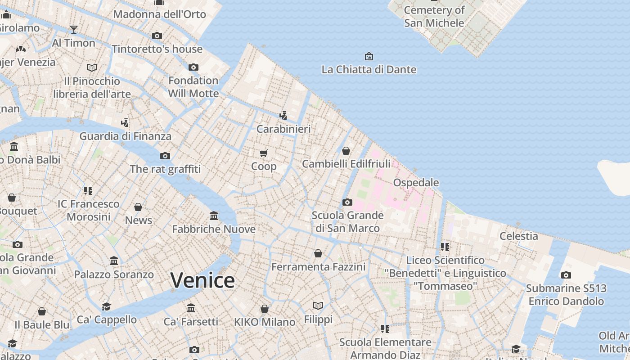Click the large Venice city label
[x=202, y=280]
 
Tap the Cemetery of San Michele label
[x=434, y=16]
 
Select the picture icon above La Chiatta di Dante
[x=369, y=56]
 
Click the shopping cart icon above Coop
[x=264, y=153]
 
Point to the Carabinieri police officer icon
[x=283, y=115]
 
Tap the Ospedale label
[x=416, y=182]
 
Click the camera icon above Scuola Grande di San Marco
[x=347, y=202]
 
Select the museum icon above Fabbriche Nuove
[x=214, y=216]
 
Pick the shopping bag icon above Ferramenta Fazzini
[x=318, y=253]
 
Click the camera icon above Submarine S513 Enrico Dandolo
[x=566, y=275]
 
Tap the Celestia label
[x=519, y=236]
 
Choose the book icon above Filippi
[x=318, y=306]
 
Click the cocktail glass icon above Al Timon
[x=74, y=30]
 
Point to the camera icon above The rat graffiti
[x=165, y=156]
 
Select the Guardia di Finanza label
[x=126, y=136]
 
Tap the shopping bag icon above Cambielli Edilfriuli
[x=346, y=151]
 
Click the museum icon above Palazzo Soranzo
[x=114, y=261]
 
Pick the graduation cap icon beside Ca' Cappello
[x=106, y=306]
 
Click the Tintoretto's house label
[x=157, y=49]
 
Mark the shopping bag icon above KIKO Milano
[x=265, y=309]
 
